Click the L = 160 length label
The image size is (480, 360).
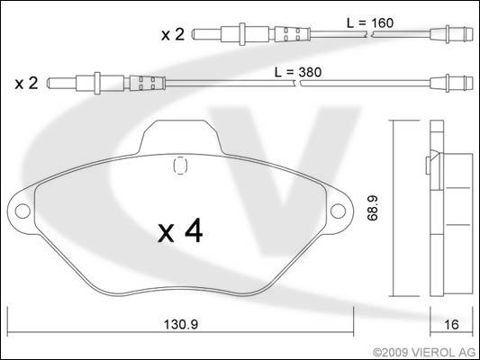[x=370, y=22]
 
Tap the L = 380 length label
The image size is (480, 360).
[x=298, y=73]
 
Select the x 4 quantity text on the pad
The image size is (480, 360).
[x=180, y=230]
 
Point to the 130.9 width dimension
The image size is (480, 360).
[x=181, y=325]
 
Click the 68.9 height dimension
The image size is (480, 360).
[x=373, y=208]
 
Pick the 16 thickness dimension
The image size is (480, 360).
[x=451, y=325]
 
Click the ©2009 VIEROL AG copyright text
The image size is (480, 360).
[x=424, y=353]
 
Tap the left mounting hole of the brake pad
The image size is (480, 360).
[x=23, y=211]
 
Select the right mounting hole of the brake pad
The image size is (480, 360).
[x=339, y=211]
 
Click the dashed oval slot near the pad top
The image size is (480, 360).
[x=180, y=166]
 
